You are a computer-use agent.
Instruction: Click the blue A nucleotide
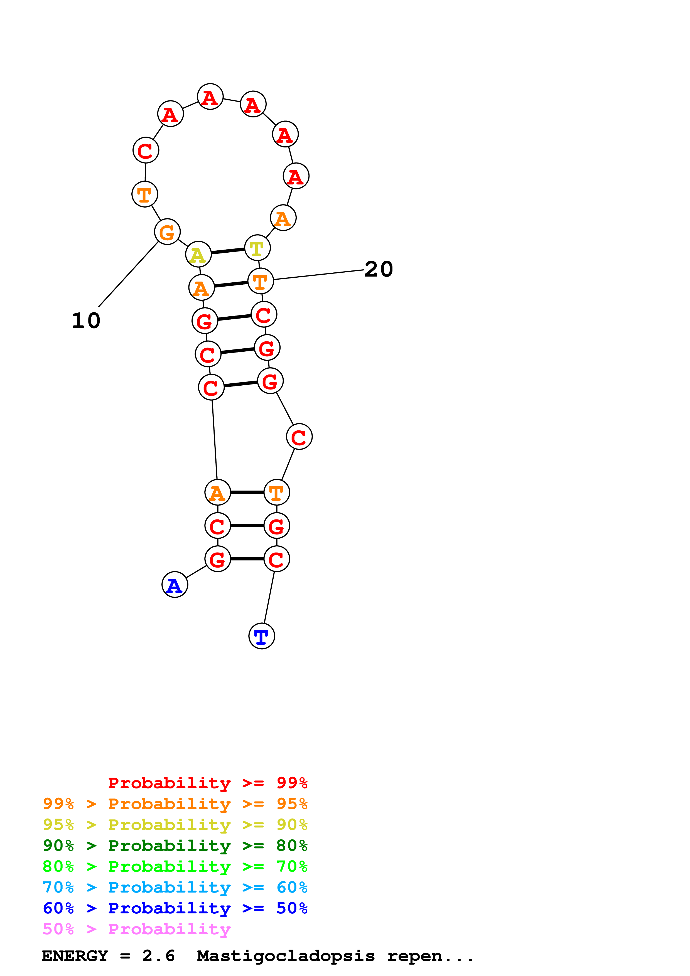coord(175,585)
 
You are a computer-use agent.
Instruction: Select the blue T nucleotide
coord(261,636)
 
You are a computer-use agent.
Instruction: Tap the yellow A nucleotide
coord(198,254)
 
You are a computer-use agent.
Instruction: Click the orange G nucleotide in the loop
coord(167,232)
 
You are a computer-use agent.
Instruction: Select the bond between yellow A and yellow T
coord(228,251)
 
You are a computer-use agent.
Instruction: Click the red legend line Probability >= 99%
coord(207,783)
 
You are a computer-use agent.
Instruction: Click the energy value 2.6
coord(158,956)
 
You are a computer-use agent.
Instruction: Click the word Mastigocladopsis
coord(286,956)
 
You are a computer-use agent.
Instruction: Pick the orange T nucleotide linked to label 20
coord(260,281)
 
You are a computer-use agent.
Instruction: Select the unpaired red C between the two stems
coord(299,436)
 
